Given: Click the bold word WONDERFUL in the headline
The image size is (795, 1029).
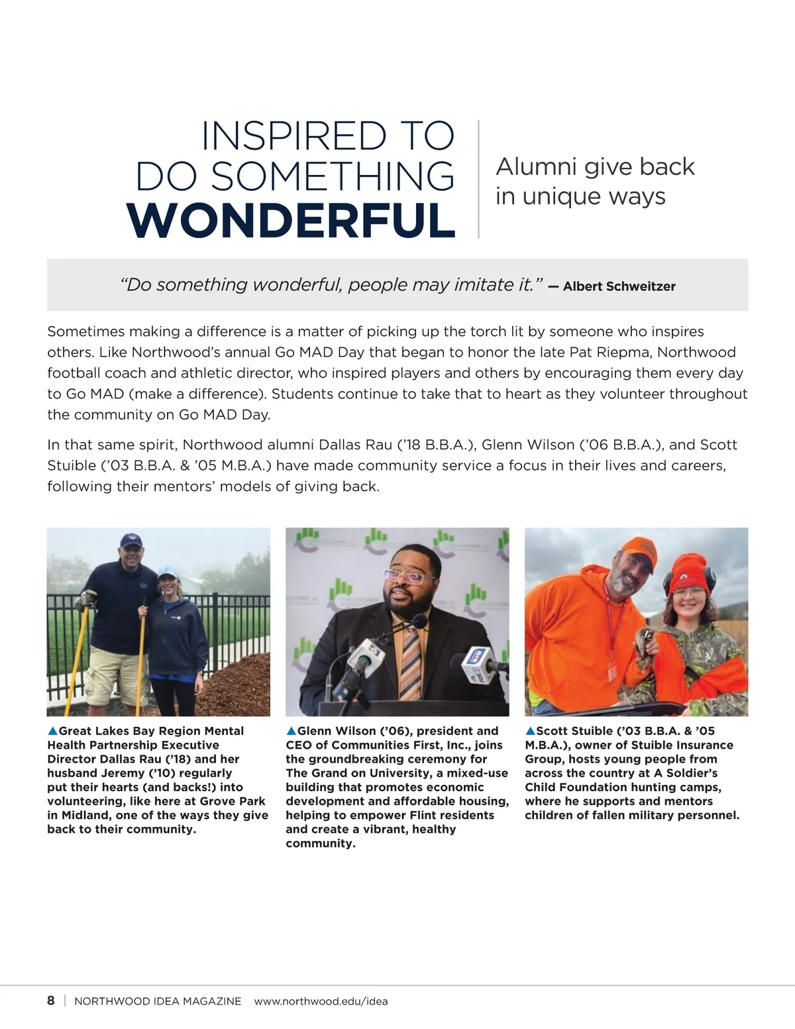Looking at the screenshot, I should point(291,220).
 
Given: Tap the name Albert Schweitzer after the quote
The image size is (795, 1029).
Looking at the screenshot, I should point(619,286).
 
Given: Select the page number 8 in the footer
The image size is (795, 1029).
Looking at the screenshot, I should point(51,1001).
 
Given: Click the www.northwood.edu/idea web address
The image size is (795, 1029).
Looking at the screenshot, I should point(321,1001).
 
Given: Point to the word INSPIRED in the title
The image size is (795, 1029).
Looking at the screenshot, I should point(293,136).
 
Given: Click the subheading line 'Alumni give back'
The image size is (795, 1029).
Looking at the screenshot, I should point(595,166).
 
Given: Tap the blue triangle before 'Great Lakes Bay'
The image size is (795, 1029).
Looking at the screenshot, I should point(52,731).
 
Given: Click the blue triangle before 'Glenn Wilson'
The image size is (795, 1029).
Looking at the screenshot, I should point(291,731).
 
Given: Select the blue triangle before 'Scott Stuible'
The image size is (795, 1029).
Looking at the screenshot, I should point(530,731).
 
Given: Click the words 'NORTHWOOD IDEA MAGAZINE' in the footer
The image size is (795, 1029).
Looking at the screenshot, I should point(158,1001).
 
